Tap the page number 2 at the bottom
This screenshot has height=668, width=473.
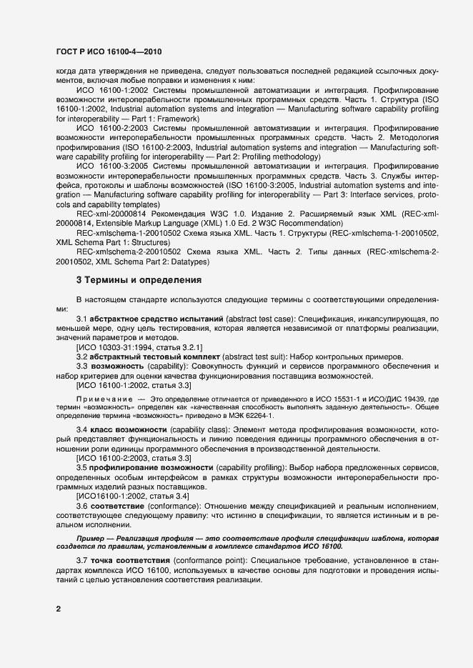coord(59,609)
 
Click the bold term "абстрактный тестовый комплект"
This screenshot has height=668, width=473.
coord(154,356)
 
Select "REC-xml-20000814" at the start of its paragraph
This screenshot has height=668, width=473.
coord(108,214)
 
